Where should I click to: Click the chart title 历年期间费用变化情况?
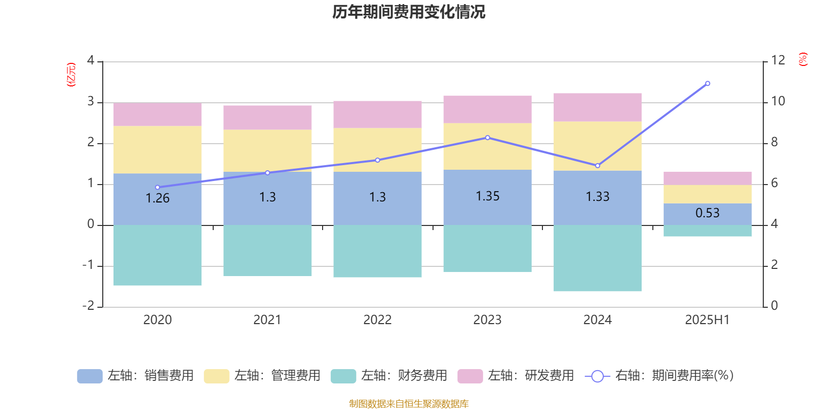408,12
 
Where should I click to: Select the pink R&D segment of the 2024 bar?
597,107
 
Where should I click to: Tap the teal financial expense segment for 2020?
157,255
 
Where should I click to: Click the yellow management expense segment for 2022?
377,150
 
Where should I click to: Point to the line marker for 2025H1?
708,83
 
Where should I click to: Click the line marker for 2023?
487,138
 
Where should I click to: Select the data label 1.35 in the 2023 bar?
487,196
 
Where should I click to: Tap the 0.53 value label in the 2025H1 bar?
707,213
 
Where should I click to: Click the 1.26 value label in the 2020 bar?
157,198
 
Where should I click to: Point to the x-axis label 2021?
267,320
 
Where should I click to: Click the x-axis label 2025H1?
707,320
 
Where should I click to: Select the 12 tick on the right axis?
778,60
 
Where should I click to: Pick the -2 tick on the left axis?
88,306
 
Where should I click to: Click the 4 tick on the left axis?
90,60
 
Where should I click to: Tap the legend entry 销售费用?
135,376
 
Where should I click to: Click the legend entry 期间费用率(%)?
660,376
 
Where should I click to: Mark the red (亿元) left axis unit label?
71,75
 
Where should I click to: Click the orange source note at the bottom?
408,404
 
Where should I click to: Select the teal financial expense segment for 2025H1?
707,231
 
